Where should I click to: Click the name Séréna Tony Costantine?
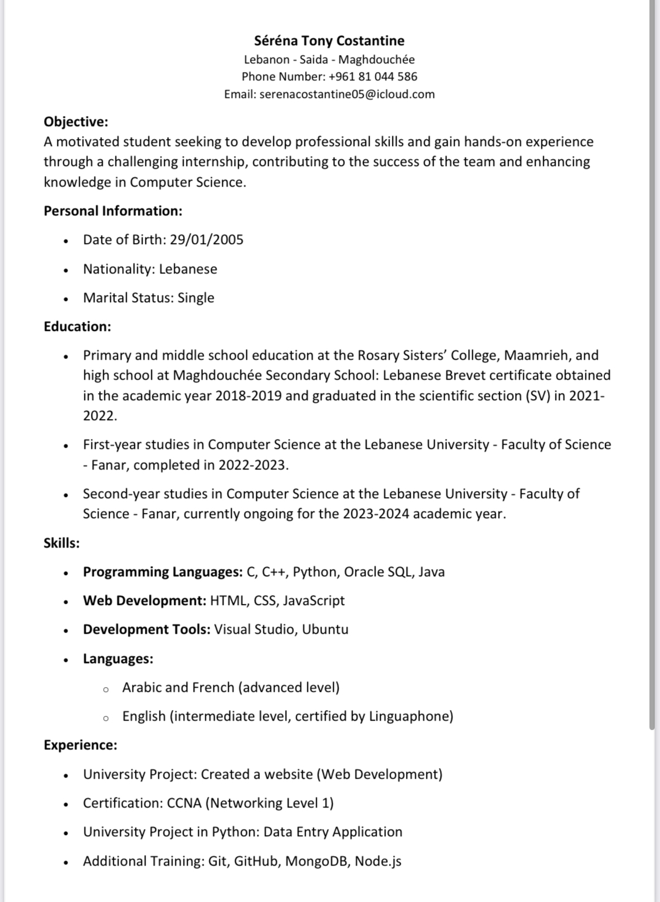tap(329, 40)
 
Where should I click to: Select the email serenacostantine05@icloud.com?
tap(347, 94)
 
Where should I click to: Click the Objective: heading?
tap(76, 121)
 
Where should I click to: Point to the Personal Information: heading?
tap(113, 211)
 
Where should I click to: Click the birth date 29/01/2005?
tap(207, 239)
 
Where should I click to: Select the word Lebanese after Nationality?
tap(188, 269)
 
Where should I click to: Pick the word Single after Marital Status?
tap(196, 298)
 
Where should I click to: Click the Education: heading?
tap(77, 326)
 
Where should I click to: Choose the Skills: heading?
tap(62, 543)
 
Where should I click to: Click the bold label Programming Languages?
tap(163, 572)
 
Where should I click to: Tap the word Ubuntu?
tap(325, 629)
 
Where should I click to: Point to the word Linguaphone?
tap(409, 716)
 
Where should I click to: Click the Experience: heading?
tap(80, 745)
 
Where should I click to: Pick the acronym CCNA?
tap(184, 803)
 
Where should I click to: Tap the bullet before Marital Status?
tap(66, 299)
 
